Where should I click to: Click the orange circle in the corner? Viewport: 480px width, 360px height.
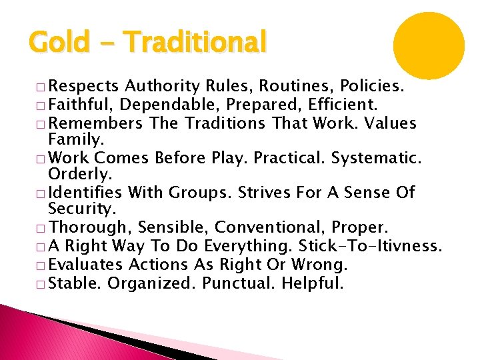[428, 45]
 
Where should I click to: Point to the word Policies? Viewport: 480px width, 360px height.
[378, 86]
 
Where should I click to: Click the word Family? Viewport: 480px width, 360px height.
[74, 140]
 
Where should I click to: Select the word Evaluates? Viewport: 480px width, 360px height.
[87, 265]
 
